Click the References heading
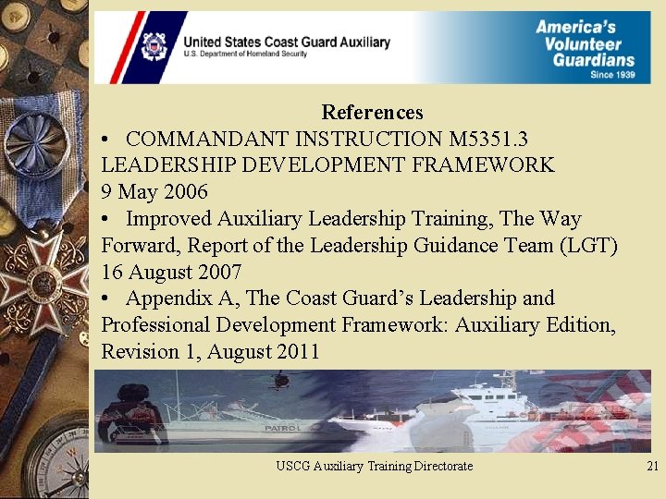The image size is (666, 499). click(x=372, y=113)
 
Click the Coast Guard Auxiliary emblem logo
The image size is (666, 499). click(x=153, y=46)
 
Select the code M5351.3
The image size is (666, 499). click(x=488, y=139)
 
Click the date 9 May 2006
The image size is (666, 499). click(x=154, y=192)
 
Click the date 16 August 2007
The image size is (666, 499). click(x=171, y=273)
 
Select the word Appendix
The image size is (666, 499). click(x=165, y=298)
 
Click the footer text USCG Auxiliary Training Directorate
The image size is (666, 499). click(x=374, y=467)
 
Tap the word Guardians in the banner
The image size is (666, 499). click(x=594, y=60)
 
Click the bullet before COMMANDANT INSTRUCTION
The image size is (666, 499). click(x=108, y=140)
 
